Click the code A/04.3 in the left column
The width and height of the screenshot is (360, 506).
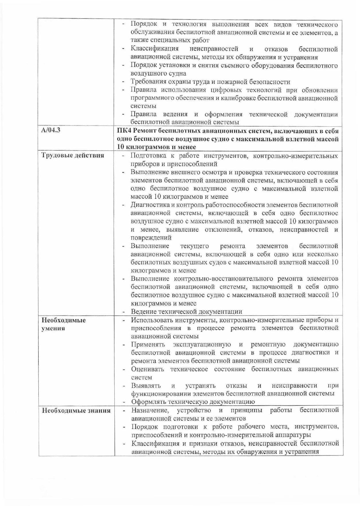pyautogui.click(x=51, y=131)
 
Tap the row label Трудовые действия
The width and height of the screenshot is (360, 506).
pyautogui.click(x=73, y=155)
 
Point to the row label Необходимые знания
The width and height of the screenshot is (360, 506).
pyautogui.click(x=76, y=411)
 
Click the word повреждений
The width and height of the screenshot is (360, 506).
pyautogui.click(x=151, y=238)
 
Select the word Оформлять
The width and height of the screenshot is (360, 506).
pyautogui.click(x=149, y=402)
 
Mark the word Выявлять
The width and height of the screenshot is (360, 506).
pyautogui.click(x=146, y=385)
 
